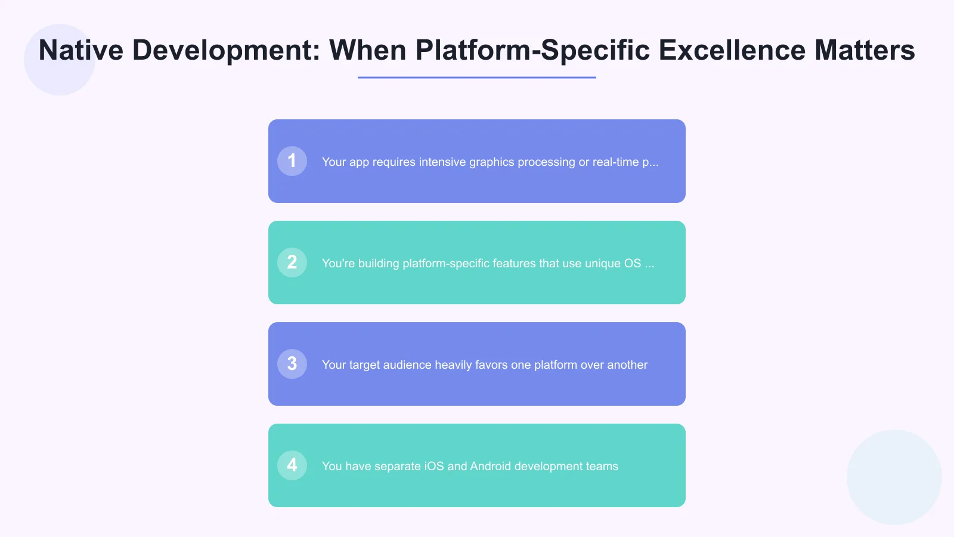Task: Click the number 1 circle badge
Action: click(x=292, y=161)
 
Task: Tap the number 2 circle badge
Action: click(x=292, y=263)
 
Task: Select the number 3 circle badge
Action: click(x=292, y=364)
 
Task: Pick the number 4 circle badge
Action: click(x=292, y=465)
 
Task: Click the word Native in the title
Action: click(x=80, y=50)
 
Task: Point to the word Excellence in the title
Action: click(x=732, y=50)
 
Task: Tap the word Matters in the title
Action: click(x=865, y=50)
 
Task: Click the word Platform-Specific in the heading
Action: click(x=532, y=50)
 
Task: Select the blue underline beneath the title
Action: click(x=477, y=78)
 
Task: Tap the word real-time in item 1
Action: click(x=615, y=162)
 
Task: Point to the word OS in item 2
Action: click(x=632, y=264)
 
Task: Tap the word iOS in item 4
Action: click(x=434, y=467)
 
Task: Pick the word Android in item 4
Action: click(x=490, y=467)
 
